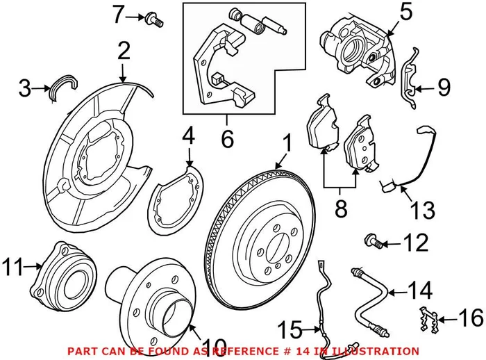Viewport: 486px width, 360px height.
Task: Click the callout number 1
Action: coord(287,144)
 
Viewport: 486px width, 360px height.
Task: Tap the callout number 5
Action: coord(406,13)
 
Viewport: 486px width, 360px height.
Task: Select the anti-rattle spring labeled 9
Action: coord(411,81)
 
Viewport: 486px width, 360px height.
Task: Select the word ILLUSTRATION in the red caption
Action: coord(374,351)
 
